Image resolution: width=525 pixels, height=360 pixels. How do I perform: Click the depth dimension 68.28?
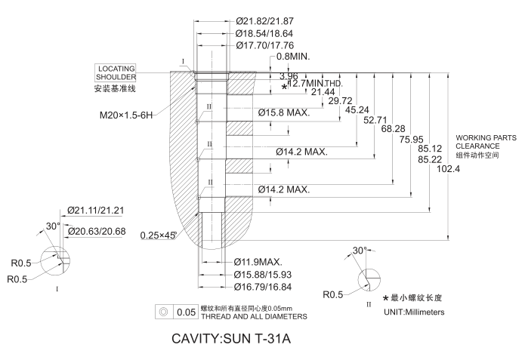point(394,129)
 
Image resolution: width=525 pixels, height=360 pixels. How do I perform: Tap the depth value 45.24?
point(357,109)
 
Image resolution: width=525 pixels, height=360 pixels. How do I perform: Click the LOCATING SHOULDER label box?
point(116,72)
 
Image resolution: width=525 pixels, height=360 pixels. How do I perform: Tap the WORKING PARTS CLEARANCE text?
point(477,142)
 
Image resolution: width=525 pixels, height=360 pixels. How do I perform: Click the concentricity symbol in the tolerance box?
point(162,311)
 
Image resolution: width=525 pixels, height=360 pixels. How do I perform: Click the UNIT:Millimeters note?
point(414,312)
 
